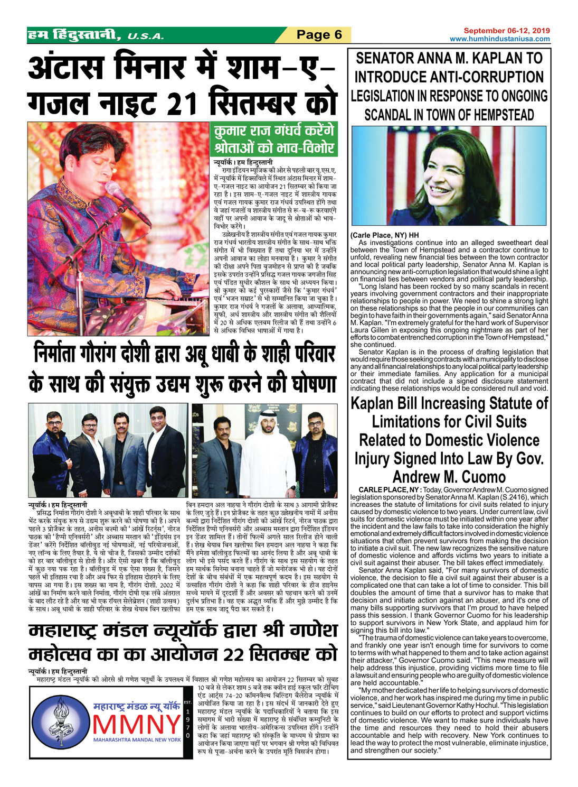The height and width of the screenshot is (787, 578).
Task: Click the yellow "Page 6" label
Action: [319, 35]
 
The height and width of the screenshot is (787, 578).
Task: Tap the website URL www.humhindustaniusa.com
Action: [499, 39]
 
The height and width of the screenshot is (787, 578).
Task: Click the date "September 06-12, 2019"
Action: [506, 31]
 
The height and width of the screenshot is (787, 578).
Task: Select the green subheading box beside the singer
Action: [274, 139]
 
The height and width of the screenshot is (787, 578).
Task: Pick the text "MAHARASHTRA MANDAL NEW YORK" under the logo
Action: [137, 739]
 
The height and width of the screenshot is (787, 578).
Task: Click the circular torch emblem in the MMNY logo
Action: [61, 723]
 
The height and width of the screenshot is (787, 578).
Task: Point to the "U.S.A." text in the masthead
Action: [146, 36]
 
